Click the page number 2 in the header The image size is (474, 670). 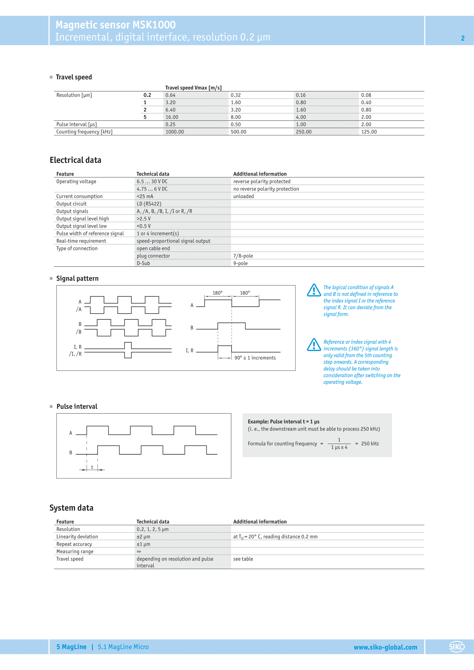coord(463,38)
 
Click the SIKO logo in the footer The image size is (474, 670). coord(457,647)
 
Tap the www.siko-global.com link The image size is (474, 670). coord(385,647)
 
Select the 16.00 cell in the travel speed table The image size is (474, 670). coord(172,117)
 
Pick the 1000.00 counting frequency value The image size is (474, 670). coord(175,131)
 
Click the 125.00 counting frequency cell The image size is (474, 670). coord(369,131)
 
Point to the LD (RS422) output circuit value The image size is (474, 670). coord(149,204)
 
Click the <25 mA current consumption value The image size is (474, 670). coord(145,197)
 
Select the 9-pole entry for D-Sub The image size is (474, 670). coord(240,263)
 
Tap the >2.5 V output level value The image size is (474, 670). coord(144,219)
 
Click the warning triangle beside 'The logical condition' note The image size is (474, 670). coord(314,290)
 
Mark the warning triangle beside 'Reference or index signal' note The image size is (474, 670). coord(314,345)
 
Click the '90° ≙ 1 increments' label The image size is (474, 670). coord(255,358)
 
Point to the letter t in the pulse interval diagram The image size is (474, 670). coord(92,467)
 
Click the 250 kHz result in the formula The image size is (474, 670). coord(370,443)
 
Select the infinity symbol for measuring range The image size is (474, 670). coord(139,551)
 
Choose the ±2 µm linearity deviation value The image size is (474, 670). coord(143,537)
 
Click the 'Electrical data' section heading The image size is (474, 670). coord(75,160)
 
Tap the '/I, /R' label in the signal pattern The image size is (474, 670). coord(75,354)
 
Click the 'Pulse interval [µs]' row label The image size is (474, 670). coord(77,124)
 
